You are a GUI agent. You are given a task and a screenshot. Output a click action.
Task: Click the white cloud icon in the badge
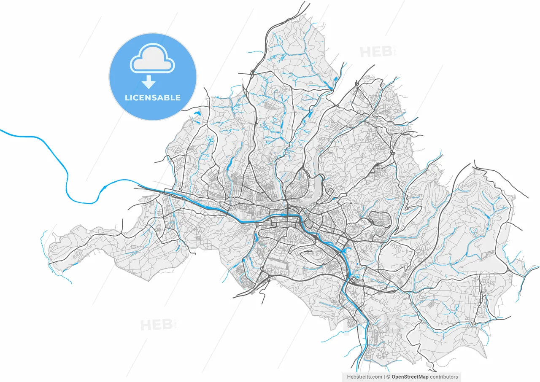152,63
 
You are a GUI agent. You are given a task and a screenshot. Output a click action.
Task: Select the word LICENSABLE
153,98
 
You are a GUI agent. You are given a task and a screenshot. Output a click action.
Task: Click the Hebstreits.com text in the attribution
364,377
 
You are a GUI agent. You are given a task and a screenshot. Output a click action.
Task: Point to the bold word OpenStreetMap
410,377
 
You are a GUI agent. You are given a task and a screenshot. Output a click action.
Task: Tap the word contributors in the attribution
444,377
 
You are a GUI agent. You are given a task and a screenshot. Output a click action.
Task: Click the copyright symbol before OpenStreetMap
388,377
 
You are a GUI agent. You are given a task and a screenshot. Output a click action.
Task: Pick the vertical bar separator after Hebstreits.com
384,377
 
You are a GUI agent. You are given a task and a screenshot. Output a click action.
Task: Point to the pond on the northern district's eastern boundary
336,78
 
